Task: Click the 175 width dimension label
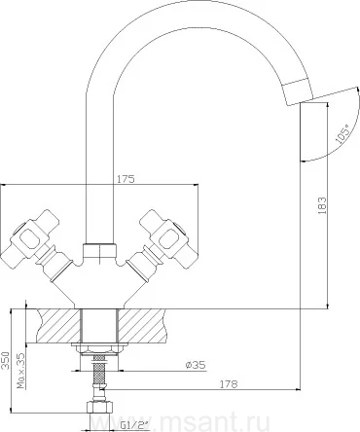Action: coord(126,179)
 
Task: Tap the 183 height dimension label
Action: coord(322,205)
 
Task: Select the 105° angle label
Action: coord(342,133)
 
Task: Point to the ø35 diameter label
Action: coord(196,365)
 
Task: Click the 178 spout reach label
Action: coord(229,384)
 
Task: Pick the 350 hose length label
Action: coord(6,360)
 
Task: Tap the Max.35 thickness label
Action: coord(21,371)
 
